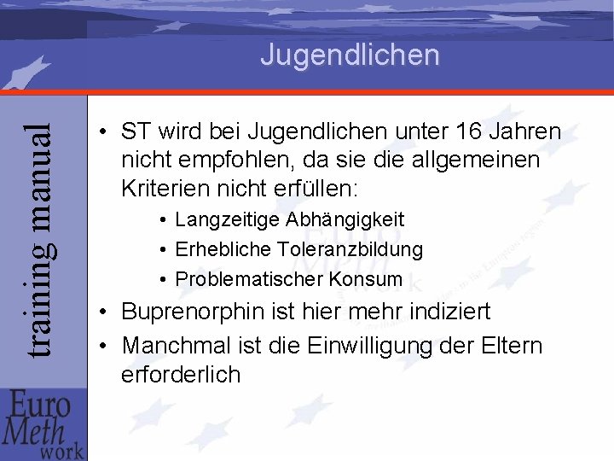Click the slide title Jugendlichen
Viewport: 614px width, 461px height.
350,55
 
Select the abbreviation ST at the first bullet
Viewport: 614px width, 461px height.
136,132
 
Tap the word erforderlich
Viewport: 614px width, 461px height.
182,374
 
